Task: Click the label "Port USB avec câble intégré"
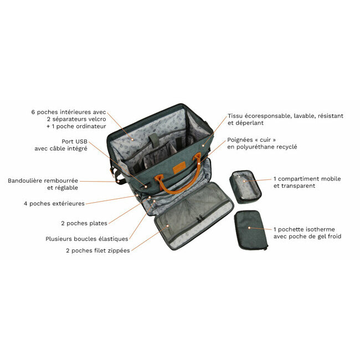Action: tap(61, 145)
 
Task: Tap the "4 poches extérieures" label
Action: tap(54, 203)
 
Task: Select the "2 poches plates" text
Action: tap(84, 223)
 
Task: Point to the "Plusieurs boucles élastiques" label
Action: tap(87, 239)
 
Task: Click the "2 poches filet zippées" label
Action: tap(98, 250)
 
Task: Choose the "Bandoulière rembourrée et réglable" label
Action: tap(43, 184)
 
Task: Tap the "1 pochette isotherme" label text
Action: tap(304, 229)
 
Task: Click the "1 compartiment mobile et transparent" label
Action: tap(307, 182)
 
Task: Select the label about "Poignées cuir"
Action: tap(262, 143)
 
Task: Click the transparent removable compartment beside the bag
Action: tap(245, 187)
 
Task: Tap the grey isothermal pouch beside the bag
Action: tap(251, 230)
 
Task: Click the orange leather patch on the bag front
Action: tap(179, 167)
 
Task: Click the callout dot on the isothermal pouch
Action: tap(249, 228)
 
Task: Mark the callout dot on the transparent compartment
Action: tap(244, 181)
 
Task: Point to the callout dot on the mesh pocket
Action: tap(168, 226)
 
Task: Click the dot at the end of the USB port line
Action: tap(146, 187)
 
